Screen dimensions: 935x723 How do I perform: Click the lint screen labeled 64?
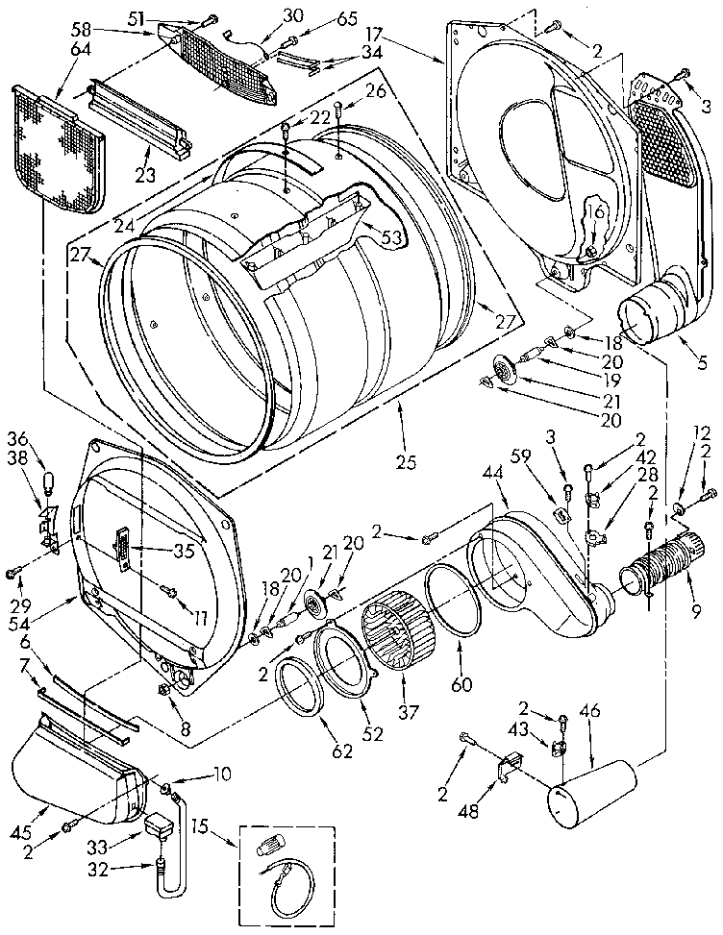(x=57, y=148)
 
